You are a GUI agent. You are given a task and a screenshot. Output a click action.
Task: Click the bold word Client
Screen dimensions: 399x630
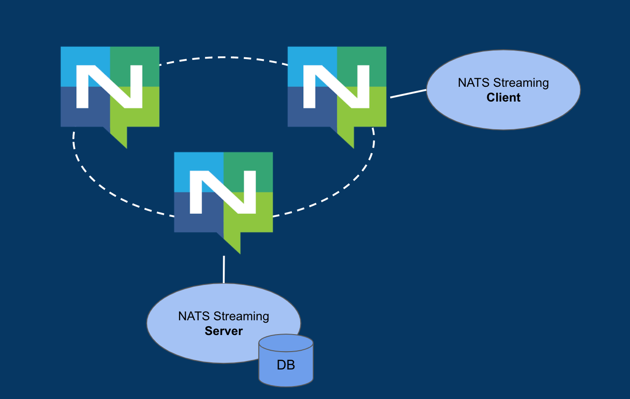point(503,98)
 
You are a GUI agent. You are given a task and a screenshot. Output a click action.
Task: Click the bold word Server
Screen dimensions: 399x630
point(224,331)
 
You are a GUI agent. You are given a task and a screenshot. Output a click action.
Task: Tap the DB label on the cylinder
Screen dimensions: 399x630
point(286,365)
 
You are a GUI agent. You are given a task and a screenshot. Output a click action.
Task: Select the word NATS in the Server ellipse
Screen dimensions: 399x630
point(194,316)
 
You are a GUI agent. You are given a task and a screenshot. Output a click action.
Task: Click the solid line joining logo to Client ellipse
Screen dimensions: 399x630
point(408,93)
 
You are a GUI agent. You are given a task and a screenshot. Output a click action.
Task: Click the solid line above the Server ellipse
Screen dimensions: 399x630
point(224,269)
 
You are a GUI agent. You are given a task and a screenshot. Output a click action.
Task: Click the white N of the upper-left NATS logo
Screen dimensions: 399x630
point(109,87)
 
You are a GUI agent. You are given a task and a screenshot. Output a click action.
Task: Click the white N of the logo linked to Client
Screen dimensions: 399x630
point(336,87)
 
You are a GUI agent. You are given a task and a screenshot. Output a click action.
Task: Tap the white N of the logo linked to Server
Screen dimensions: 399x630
point(223,192)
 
